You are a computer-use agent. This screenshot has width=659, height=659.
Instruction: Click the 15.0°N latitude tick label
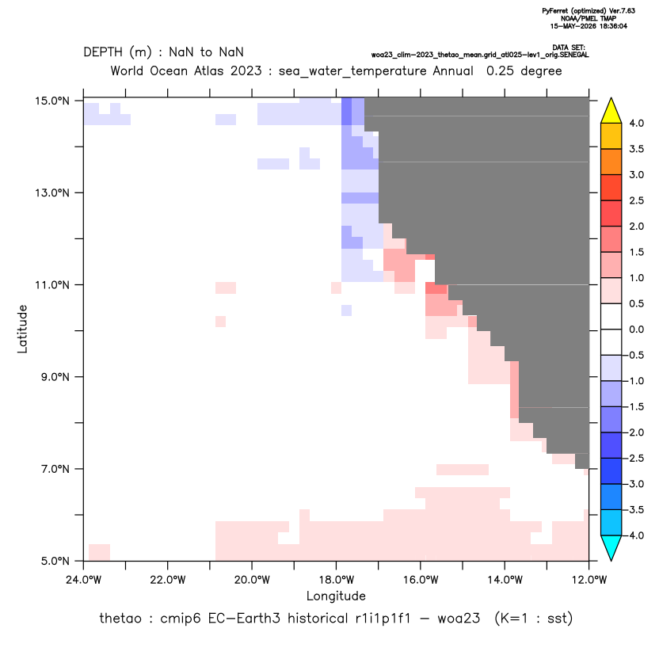52,101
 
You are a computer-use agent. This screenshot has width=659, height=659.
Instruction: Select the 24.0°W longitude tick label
84,580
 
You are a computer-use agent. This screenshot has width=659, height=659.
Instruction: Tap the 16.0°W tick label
421,580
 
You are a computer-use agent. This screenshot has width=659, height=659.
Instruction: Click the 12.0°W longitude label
589,580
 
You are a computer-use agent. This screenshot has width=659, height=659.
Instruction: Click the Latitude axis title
22,329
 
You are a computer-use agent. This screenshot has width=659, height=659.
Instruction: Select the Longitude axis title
336,596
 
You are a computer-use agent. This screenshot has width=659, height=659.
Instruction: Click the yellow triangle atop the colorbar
611,111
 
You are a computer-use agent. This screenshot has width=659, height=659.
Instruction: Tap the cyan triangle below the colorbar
611,548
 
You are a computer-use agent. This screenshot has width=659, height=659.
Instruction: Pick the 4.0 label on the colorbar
636,123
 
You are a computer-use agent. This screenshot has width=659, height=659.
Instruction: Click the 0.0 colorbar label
636,329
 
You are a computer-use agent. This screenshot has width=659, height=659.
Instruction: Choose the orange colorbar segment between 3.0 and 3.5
611,162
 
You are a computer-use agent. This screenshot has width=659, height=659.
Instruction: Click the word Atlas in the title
208,70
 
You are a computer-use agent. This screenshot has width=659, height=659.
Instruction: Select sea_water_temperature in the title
352,71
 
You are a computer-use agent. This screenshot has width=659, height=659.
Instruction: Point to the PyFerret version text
589,11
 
